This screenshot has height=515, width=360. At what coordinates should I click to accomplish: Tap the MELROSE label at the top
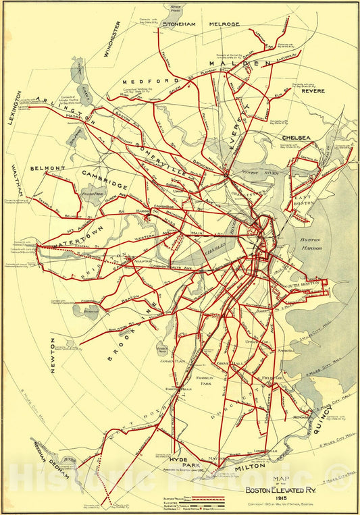click(225, 24)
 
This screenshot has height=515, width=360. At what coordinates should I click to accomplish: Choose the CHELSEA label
click(296, 138)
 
